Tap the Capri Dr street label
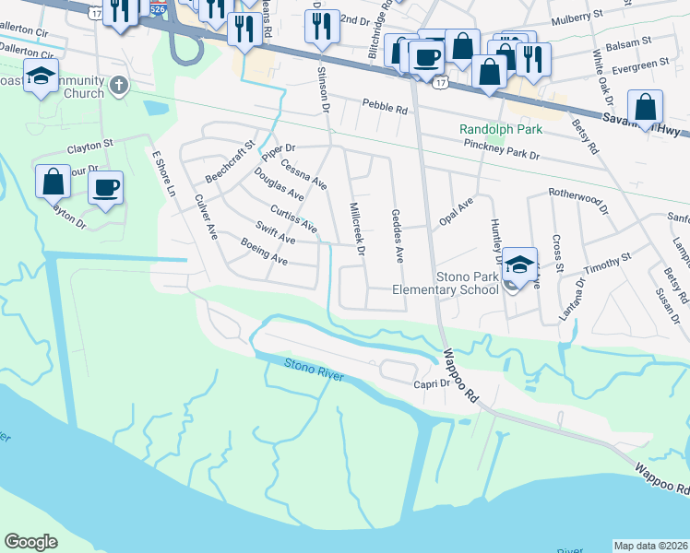431,383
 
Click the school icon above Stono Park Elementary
519,264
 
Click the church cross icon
117,87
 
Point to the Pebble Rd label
385,108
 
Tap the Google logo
31,542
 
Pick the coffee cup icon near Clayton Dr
105,190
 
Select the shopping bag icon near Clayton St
54,182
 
